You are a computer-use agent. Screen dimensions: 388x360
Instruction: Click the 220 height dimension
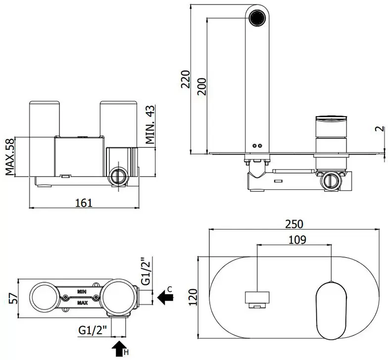[186, 79]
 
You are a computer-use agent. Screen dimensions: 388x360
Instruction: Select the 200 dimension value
[202, 87]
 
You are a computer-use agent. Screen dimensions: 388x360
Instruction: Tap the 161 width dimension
[84, 203]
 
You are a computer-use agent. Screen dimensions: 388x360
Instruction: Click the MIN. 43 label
[149, 125]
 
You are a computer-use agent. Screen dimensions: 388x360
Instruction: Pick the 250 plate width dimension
[294, 225]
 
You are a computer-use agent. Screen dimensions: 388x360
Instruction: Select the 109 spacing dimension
[297, 239]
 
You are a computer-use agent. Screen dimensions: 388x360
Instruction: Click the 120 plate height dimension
[193, 297]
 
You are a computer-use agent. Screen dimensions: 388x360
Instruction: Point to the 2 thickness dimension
[382, 129]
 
